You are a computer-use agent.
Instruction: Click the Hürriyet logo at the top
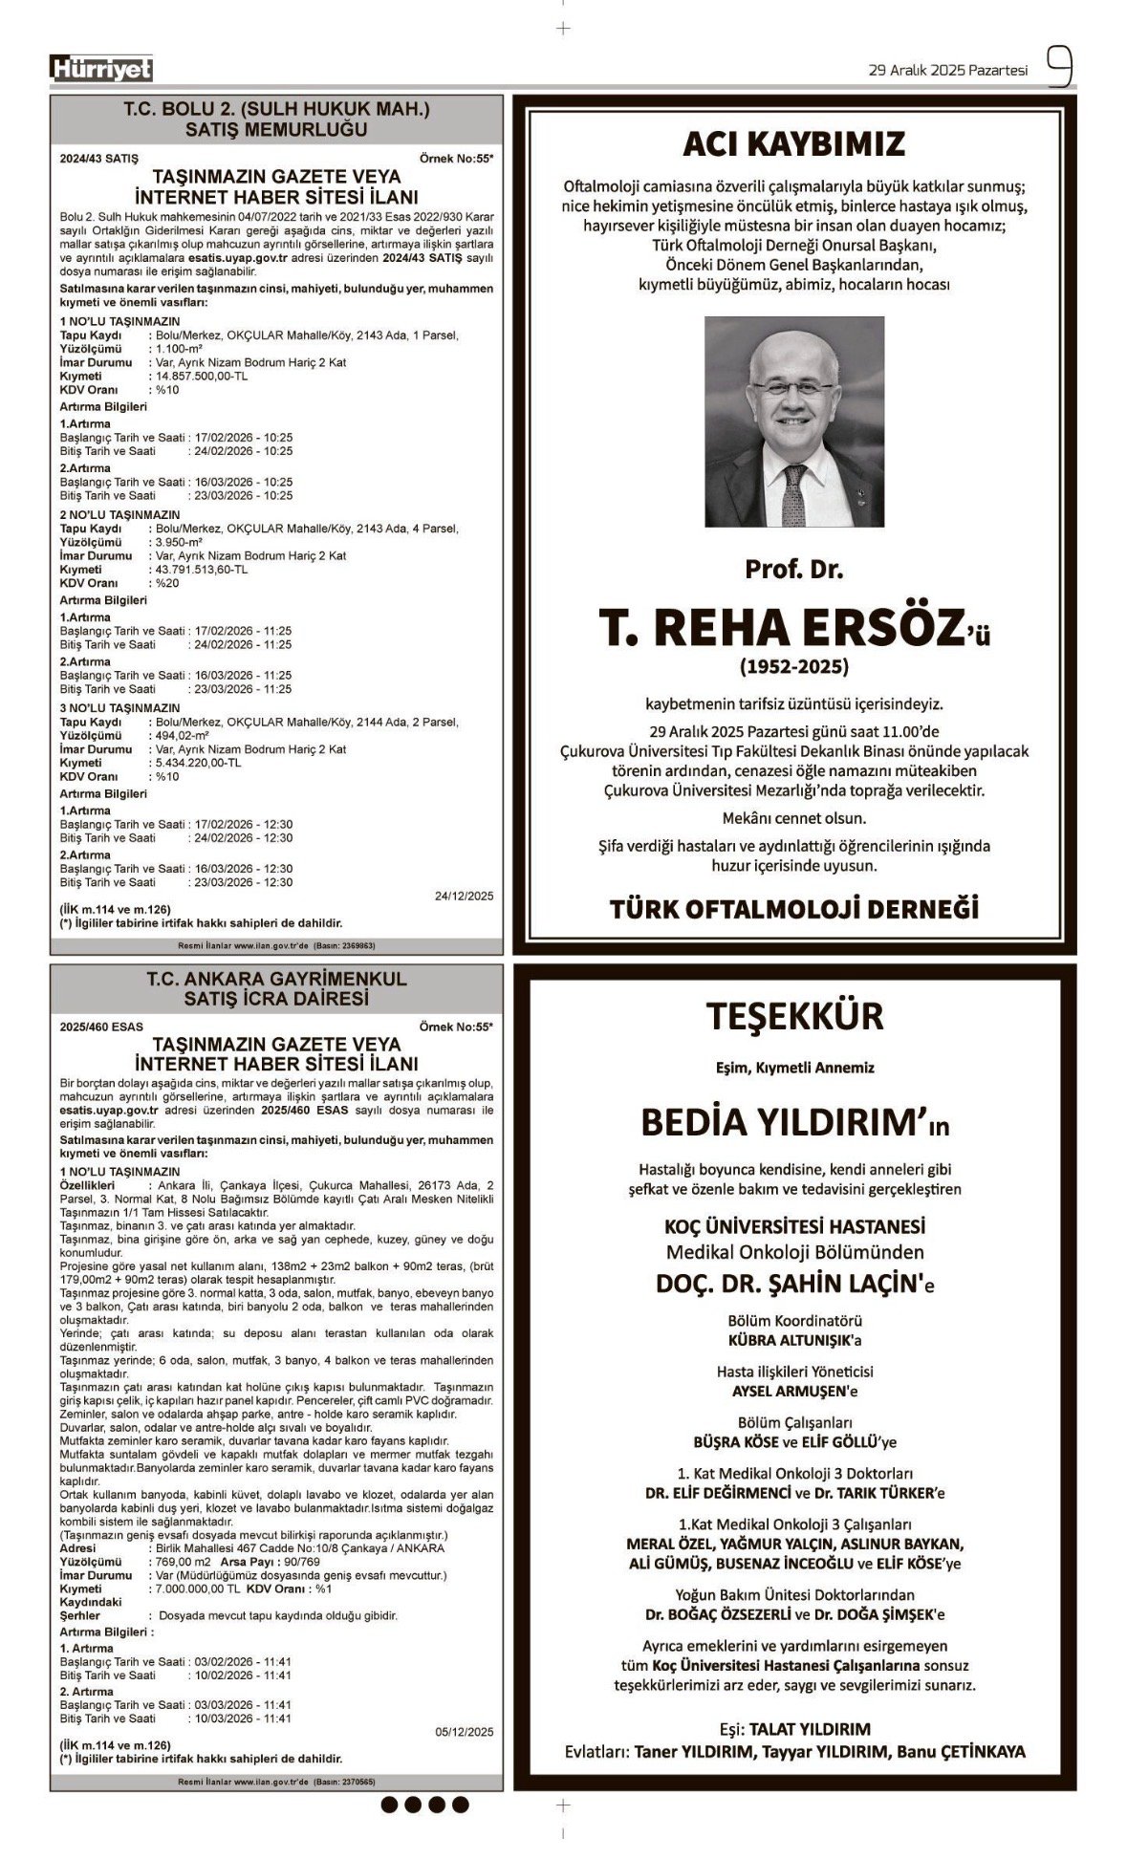tap(101, 69)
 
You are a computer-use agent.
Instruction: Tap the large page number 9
tap(1058, 68)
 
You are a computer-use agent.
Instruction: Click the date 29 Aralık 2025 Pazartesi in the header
tap(947, 70)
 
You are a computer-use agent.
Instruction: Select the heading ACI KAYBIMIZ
tap(792, 144)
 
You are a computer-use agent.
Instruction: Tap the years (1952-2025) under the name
tap(793, 665)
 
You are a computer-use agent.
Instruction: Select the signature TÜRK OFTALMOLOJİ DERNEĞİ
tap(793, 908)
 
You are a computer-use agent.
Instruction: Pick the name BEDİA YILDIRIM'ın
tap(794, 1122)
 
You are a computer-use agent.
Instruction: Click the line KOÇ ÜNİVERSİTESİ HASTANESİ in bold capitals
tap(794, 1225)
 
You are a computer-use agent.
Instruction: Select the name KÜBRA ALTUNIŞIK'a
tap(794, 1340)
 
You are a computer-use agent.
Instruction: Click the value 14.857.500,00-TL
tap(197, 377)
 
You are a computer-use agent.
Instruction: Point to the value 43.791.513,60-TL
tap(200, 570)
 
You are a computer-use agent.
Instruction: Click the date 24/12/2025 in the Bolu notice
tap(464, 897)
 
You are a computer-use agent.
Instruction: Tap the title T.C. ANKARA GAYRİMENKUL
tap(276, 979)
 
